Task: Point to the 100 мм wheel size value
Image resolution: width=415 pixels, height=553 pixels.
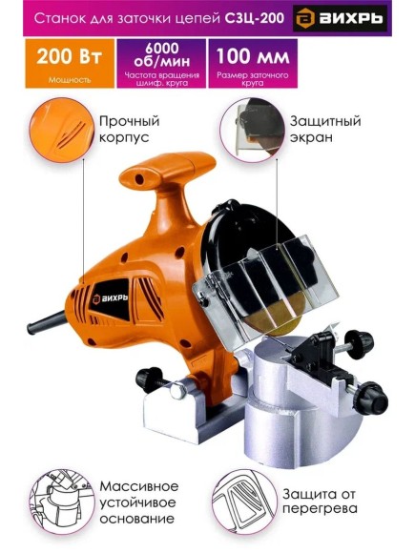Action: [251, 56]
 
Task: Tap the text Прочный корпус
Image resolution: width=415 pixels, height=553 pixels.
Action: [129, 130]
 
